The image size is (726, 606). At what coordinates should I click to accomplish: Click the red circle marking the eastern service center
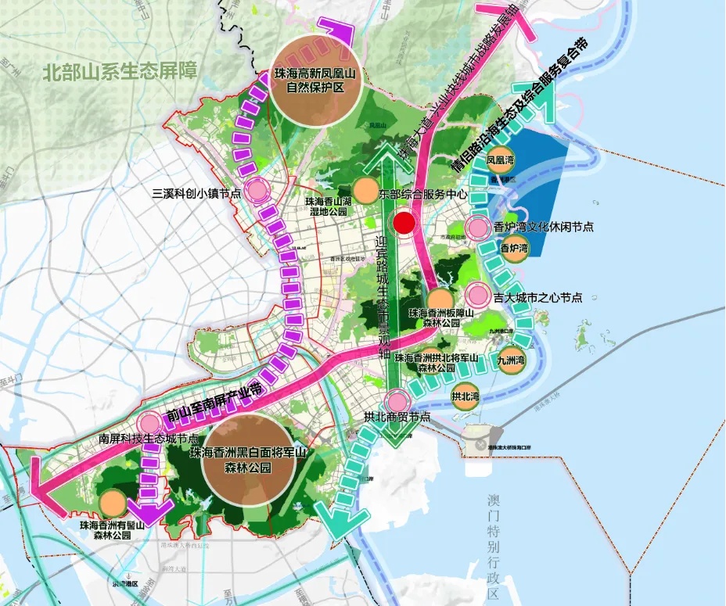404,224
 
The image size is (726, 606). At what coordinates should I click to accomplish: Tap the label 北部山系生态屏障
121,74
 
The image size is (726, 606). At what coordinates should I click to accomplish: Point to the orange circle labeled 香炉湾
514,249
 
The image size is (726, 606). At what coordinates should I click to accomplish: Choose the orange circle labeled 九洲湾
511,360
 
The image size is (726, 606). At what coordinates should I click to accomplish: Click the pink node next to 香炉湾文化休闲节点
476,228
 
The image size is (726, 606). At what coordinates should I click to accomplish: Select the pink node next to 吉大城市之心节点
477,296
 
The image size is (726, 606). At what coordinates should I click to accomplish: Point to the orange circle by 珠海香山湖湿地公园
365,191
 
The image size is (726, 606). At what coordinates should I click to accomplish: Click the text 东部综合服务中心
422,193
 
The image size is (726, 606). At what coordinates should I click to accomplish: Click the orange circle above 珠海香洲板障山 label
440,300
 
